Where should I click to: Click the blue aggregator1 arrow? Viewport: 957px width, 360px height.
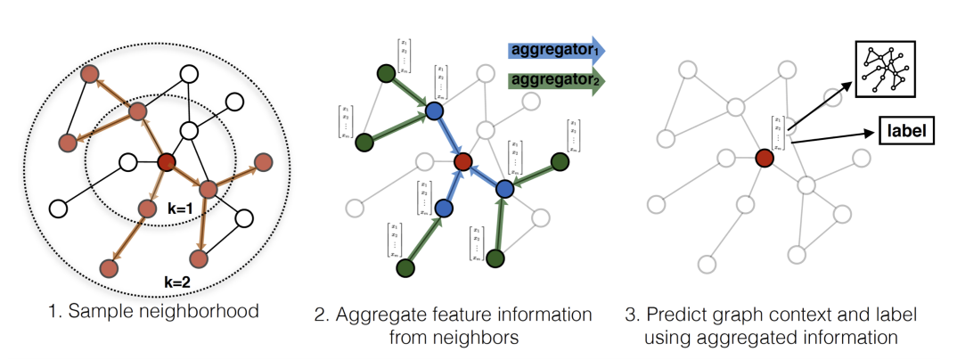[x=554, y=50]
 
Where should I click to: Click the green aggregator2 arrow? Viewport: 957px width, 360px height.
[x=554, y=80]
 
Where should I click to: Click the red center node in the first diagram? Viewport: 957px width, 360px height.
[x=165, y=163]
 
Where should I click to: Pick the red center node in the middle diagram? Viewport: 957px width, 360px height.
[x=462, y=162]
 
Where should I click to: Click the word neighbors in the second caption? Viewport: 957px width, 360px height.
[x=487, y=338]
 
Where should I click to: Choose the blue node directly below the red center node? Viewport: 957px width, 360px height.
[x=446, y=208]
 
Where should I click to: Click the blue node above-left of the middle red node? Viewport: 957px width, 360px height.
[x=434, y=110]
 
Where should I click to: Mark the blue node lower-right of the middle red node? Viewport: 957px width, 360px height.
[x=503, y=188]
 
